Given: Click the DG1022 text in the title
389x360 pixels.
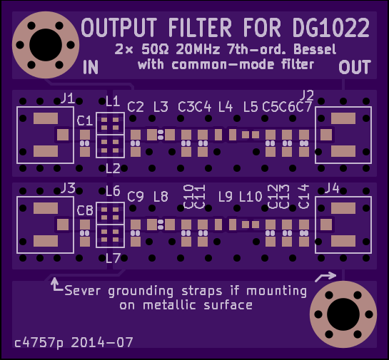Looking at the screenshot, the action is (331, 28).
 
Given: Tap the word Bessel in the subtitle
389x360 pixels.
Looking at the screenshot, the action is (315, 49).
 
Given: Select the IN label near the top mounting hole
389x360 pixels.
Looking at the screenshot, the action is (91, 67).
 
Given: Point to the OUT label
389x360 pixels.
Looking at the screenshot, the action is (355, 67).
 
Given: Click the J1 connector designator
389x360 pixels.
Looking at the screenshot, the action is (68, 98).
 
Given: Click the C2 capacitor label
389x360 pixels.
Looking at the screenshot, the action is (136, 107).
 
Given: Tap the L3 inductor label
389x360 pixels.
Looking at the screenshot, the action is (161, 107).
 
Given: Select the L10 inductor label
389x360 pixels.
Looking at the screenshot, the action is (251, 197).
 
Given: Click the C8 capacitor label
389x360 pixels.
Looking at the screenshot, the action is (85, 210).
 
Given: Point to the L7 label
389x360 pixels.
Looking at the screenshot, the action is (113, 259).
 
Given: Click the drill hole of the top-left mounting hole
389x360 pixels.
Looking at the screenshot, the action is (46, 45).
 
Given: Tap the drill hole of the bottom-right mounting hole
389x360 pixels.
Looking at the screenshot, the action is (343, 314).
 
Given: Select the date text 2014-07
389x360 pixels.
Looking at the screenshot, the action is (102, 342).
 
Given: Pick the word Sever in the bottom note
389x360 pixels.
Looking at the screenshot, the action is (82, 290).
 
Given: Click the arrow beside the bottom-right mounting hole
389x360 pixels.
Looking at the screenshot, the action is (325, 277).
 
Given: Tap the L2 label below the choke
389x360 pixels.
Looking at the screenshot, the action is (113, 169).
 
